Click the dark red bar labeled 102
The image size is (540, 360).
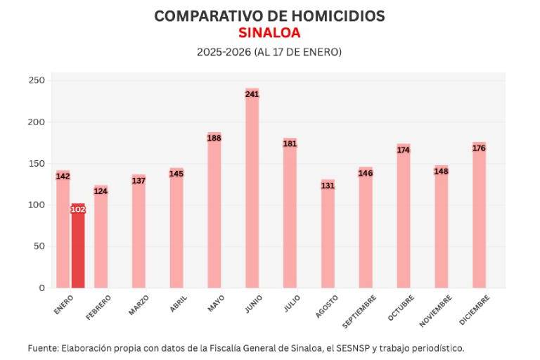pyautogui.click(x=77, y=246)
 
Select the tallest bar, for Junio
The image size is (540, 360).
pyautogui.click(x=252, y=190)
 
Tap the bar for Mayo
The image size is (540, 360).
pyautogui.click(x=214, y=211)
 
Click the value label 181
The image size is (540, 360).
pyautogui.click(x=290, y=144)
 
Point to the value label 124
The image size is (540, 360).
pyautogui.click(x=101, y=191)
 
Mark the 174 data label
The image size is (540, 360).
pyautogui.click(x=403, y=150)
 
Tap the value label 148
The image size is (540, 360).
pyautogui.click(x=441, y=172)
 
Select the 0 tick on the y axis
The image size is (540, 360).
pyautogui.click(x=41, y=288)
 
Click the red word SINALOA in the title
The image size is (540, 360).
pyautogui.click(x=269, y=33)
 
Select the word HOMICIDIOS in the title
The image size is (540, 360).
pyautogui.click(x=328, y=16)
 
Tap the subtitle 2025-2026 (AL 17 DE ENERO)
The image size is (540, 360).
pyautogui.click(x=269, y=52)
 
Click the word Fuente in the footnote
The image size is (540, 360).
pyautogui.click(x=43, y=348)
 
